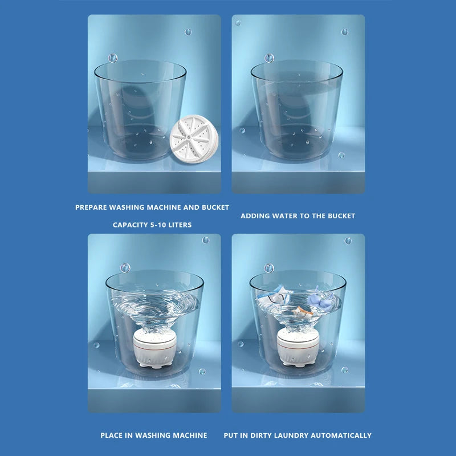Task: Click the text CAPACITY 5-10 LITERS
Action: (x=152, y=225)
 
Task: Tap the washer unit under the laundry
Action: (x=298, y=348)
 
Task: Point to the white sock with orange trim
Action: (x=301, y=311)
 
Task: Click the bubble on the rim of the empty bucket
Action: (x=113, y=58)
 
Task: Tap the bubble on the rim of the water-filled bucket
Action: (x=269, y=58)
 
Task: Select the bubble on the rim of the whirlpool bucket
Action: (x=125, y=267)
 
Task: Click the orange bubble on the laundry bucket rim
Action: (x=269, y=267)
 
